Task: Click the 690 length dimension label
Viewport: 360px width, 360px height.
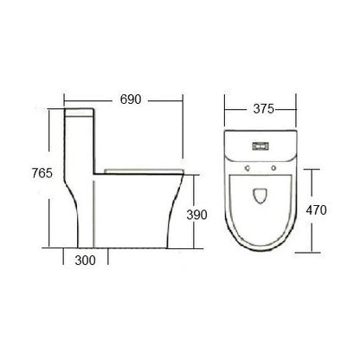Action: tap(131, 100)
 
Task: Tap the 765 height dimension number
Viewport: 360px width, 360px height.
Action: tap(42, 173)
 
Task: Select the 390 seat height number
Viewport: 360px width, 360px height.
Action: tap(196, 215)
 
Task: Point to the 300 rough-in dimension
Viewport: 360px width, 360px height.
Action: tap(85, 260)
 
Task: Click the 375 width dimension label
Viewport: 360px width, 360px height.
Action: tap(263, 109)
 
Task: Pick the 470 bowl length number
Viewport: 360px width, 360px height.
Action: tap(317, 210)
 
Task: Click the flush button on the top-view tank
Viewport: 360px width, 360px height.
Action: tap(260, 146)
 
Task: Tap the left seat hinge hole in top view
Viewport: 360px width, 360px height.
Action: tap(247, 168)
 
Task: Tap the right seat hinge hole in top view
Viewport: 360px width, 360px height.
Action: tap(273, 168)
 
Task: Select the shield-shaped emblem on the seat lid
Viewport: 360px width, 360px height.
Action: tap(260, 196)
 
